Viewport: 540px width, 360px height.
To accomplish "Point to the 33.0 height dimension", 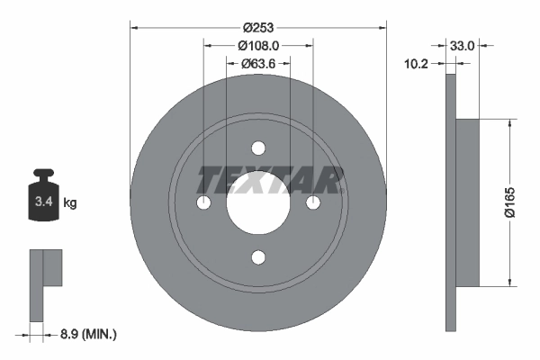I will point(463,44).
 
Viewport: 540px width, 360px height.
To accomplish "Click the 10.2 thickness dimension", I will point(415,64).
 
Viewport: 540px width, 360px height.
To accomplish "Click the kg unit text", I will point(70,203).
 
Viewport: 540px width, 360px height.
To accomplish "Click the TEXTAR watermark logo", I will point(269,181).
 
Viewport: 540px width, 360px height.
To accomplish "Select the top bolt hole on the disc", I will point(258,148).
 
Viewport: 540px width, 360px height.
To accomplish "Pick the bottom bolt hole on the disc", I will point(258,258).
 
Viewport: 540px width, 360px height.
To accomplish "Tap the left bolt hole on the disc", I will point(203,202).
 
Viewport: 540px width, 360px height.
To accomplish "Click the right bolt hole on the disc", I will point(313,202).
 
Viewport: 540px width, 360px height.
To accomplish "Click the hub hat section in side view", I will point(467,203).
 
